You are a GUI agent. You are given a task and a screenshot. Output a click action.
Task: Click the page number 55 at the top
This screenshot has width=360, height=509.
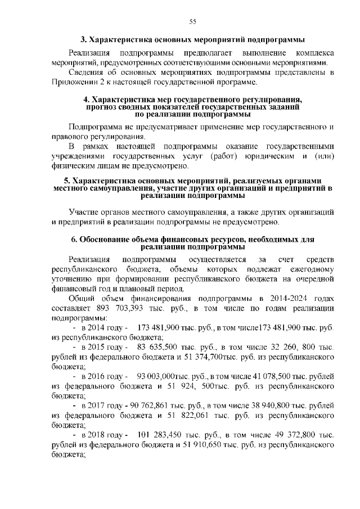[x=192, y=21]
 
